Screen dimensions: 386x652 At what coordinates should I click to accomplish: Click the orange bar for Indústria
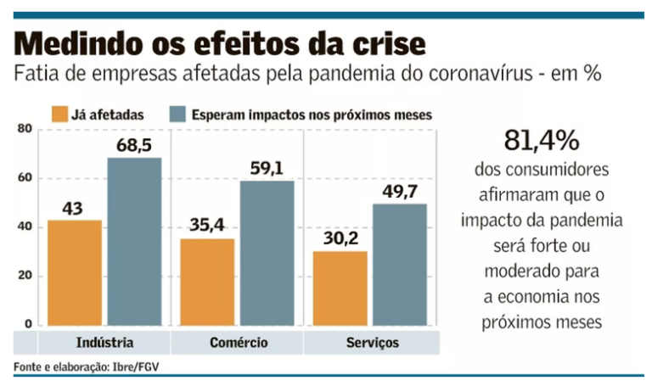75,273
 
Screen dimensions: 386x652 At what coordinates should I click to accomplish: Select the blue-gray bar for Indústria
134,242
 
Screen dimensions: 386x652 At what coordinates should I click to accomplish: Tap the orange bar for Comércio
209,283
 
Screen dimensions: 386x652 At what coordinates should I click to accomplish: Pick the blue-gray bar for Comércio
267,253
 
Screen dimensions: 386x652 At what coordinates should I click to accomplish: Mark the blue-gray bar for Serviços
400,265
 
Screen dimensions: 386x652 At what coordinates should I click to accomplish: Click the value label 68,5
134,146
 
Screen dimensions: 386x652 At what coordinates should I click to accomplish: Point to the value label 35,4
208,227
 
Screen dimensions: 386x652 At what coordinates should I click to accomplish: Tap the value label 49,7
400,192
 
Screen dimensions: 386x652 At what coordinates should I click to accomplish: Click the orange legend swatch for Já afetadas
59,114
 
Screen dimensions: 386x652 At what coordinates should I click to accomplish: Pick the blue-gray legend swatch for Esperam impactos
177,114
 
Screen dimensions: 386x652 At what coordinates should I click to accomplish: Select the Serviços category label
371,343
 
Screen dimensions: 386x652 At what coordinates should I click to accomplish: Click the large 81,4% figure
541,140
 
